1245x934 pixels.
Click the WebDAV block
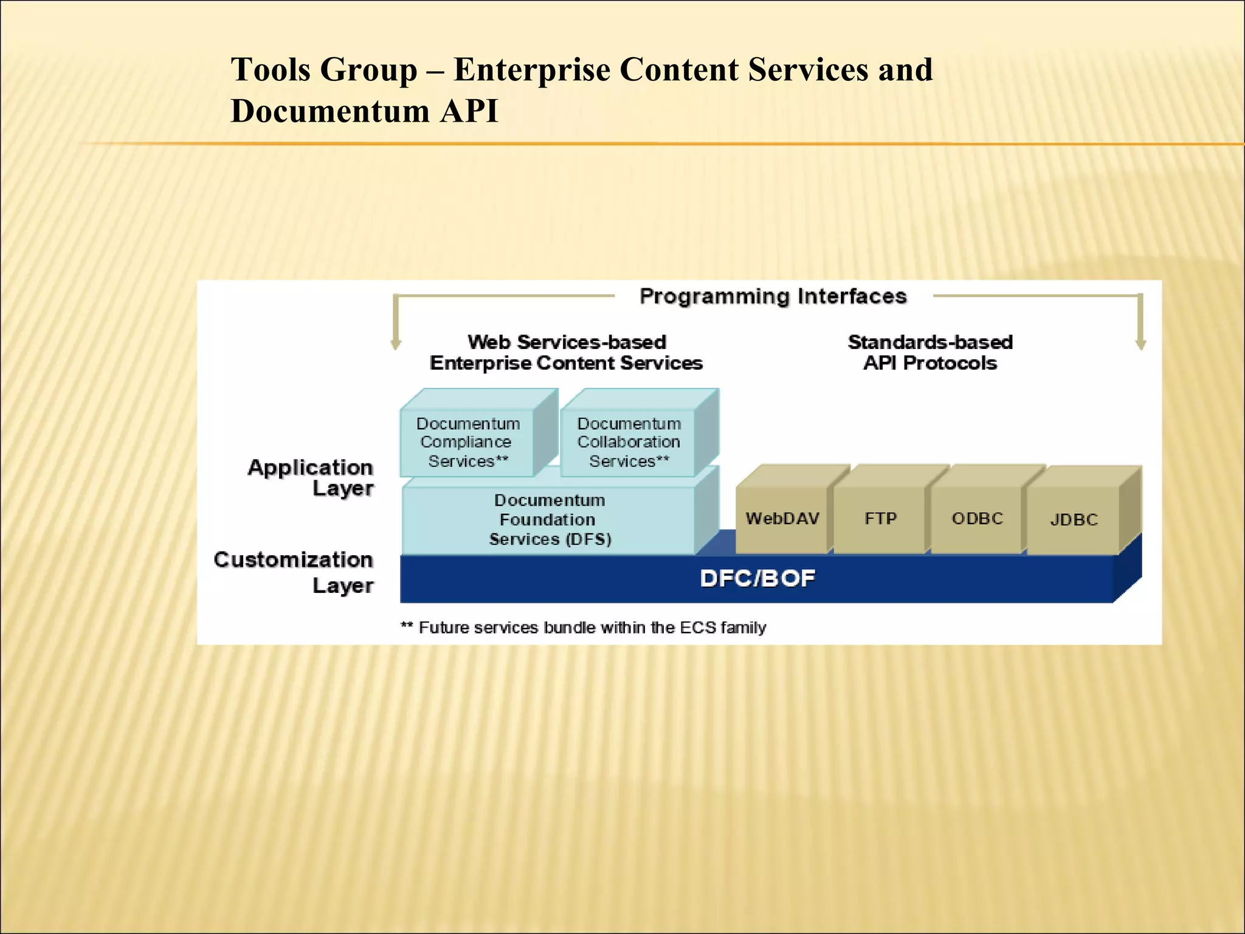(x=782, y=518)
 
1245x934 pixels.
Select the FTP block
(x=880, y=518)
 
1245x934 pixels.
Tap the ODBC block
(x=977, y=518)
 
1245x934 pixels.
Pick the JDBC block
(x=1074, y=519)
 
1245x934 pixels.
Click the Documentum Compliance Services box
(x=467, y=442)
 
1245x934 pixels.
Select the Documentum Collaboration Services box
(x=629, y=442)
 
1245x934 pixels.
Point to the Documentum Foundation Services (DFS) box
(x=549, y=519)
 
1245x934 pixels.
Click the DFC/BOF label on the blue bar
(x=757, y=578)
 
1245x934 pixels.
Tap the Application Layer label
(x=311, y=477)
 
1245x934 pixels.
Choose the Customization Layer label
(x=294, y=572)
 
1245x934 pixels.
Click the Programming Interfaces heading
(x=773, y=296)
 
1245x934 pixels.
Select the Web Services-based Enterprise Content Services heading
(x=566, y=352)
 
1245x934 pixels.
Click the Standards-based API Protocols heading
(x=930, y=352)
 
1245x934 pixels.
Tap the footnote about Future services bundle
(x=584, y=627)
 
